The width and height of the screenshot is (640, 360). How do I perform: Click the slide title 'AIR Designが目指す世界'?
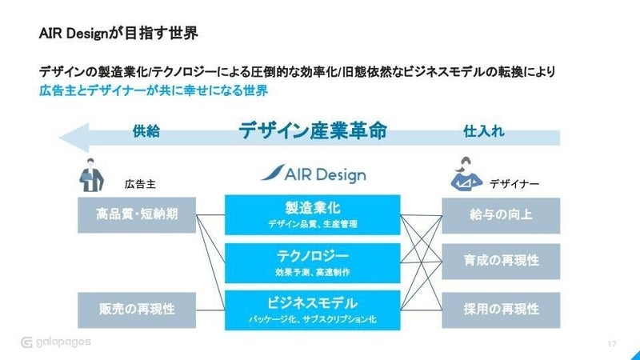[118, 33]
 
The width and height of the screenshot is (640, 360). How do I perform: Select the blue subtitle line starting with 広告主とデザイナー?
[154, 90]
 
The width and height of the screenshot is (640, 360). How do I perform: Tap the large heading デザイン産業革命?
[313, 130]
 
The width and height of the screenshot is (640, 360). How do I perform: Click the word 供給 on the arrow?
[146, 131]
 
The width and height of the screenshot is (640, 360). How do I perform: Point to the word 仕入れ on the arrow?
[484, 131]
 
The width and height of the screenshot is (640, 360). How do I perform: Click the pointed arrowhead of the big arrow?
[61, 138]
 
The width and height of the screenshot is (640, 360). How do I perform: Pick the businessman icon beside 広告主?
[91, 175]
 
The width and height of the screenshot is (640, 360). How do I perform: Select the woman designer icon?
[466, 174]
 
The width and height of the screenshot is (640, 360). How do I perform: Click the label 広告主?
[140, 184]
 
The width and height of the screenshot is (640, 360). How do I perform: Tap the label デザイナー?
[514, 184]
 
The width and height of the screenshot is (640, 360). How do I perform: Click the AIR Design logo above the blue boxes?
[314, 174]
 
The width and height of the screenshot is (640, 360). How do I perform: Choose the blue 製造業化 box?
[313, 214]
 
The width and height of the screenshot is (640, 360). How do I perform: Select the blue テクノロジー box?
[313, 263]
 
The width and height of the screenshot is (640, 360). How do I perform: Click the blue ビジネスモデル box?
[313, 310]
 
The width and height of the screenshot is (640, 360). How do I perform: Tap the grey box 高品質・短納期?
[137, 215]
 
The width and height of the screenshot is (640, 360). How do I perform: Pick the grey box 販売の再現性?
[137, 310]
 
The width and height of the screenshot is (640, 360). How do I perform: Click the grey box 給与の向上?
[501, 215]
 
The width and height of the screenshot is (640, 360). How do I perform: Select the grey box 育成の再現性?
[501, 262]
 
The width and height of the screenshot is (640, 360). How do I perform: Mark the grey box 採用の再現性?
[501, 310]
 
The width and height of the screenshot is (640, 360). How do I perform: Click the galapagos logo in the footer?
[56, 342]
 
